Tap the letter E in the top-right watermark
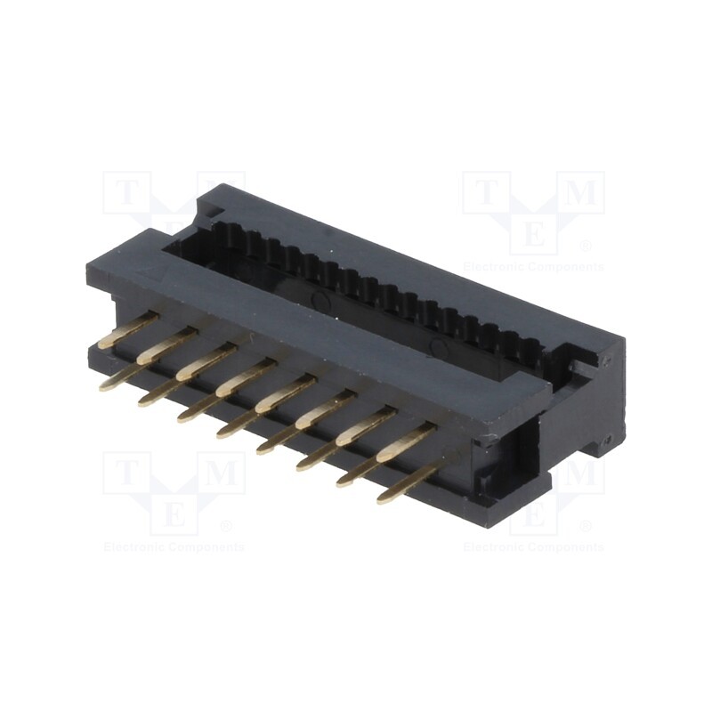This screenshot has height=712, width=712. pyautogui.click(x=533, y=234)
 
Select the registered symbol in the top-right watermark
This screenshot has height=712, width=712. pyautogui.click(x=586, y=246)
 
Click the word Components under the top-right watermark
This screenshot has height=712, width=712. pyautogui.click(x=568, y=267)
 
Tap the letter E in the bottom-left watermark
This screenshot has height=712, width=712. pyautogui.click(x=174, y=514)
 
